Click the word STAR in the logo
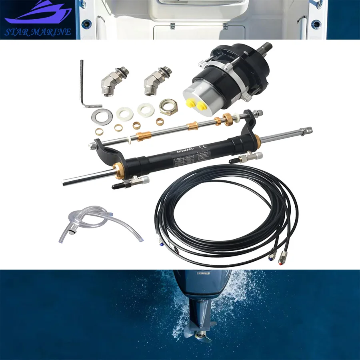20,32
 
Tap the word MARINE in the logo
52,32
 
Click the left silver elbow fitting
110,81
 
